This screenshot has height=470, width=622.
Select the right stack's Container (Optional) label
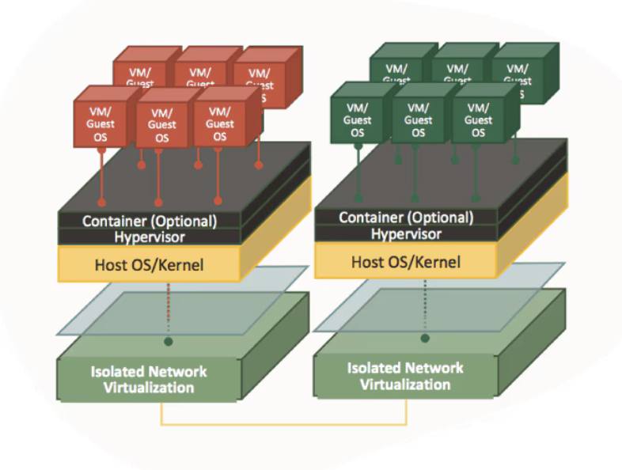pos(406,217)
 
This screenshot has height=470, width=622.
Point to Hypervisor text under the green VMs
pos(406,233)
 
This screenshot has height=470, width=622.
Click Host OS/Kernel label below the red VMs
pos(149,264)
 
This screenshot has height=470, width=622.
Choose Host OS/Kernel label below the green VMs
pos(406,261)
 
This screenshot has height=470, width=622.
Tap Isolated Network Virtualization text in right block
pos(405,376)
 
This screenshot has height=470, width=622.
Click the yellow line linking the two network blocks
pos(285,425)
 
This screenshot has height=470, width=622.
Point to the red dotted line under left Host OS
pos(168,309)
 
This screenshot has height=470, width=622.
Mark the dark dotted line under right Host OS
pos(425,305)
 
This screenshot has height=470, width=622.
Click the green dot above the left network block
pos(168,342)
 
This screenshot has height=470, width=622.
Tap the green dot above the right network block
pos(425,338)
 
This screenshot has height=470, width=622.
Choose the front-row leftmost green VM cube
pos(357,119)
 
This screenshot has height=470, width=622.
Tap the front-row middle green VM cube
pos(418,119)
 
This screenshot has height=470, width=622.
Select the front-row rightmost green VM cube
pos(478,119)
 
